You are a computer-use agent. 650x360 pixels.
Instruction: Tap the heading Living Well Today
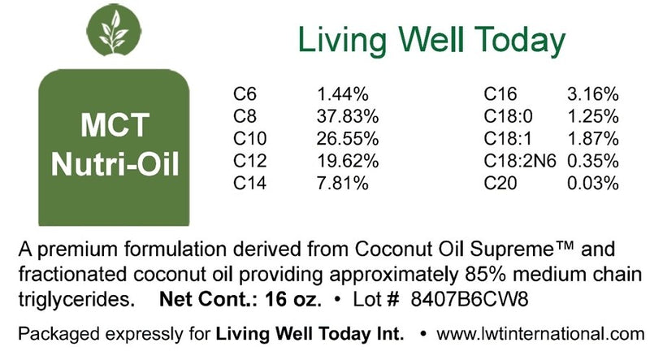[431, 40]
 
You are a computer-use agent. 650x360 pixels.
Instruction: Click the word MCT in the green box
[115, 124]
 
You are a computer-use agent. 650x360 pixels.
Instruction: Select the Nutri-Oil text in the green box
[115, 164]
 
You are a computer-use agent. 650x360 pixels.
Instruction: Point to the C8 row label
[245, 116]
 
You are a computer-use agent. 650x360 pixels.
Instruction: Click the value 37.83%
[348, 116]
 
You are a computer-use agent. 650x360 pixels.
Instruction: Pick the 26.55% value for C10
[348, 138]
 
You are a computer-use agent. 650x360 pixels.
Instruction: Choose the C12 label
[250, 161]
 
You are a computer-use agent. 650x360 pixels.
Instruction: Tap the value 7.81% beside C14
[342, 184]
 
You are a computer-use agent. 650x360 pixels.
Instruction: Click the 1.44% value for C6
[342, 94]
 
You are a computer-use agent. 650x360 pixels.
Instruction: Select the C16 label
[500, 94]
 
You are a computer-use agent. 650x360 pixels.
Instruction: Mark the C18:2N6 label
[520, 161]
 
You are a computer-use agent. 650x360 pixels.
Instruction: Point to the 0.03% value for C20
[593, 184]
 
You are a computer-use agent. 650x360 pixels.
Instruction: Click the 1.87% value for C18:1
[593, 138]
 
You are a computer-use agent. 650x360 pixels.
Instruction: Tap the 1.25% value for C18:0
[593, 116]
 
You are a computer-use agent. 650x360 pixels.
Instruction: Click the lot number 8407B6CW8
[470, 299]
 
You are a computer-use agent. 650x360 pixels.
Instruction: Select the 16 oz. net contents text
[293, 299]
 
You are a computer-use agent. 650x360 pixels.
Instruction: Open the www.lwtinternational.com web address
[540, 334]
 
